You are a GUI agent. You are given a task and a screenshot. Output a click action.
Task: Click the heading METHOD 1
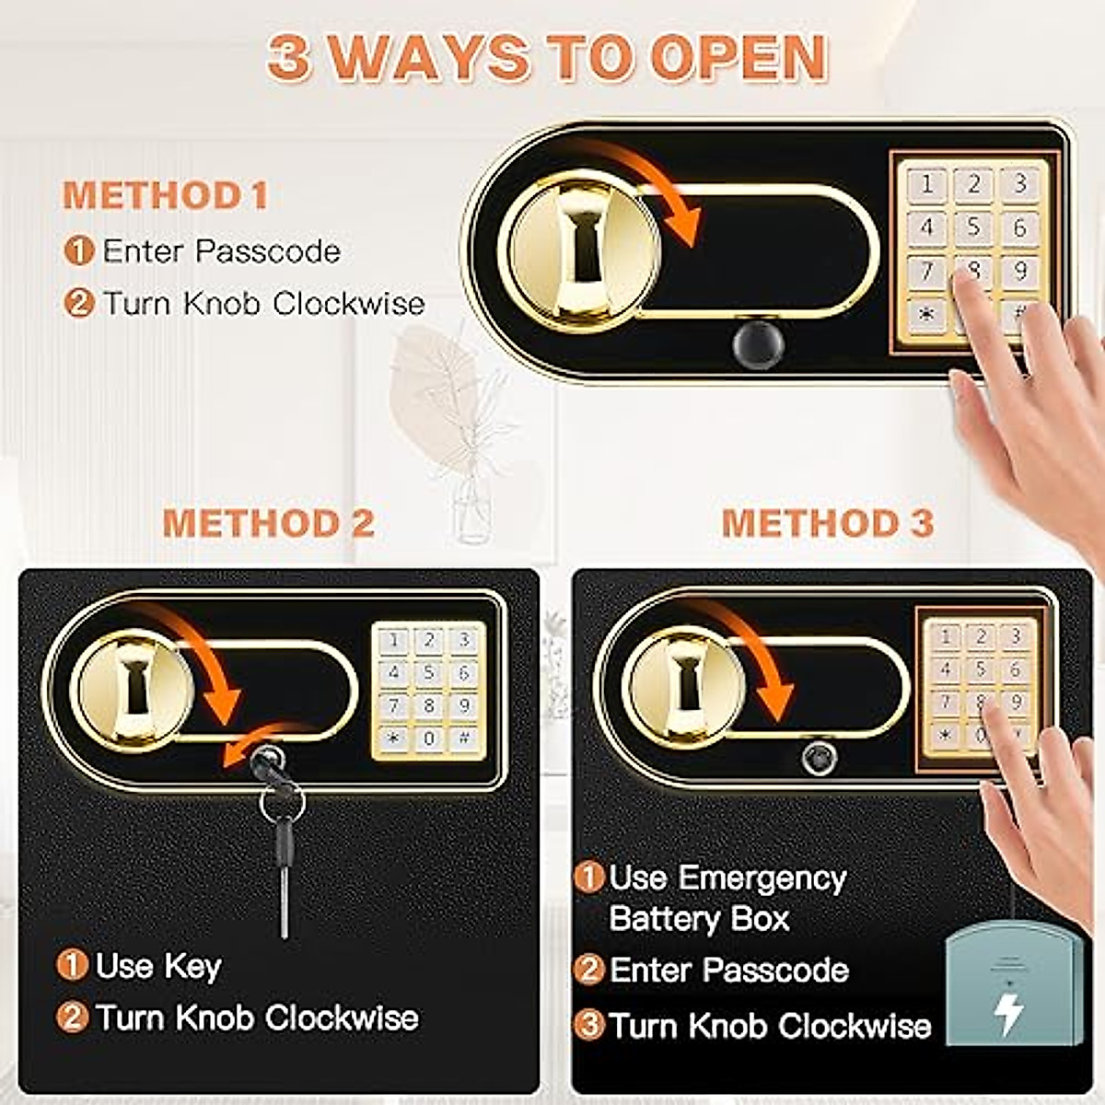click(x=166, y=195)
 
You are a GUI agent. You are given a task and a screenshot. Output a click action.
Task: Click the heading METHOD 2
click(x=268, y=523)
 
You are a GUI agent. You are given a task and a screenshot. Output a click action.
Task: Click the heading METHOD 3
click(x=827, y=523)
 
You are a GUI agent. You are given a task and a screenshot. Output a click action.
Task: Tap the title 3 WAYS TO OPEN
click(x=547, y=57)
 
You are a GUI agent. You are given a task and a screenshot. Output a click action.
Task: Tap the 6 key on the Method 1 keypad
click(x=1019, y=227)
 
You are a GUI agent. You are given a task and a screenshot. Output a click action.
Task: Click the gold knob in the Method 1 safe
click(x=581, y=249)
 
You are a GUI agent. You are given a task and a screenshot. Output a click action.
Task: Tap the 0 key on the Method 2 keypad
click(x=428, y=738)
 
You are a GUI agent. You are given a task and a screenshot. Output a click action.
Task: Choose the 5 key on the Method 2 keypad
click(x=428, y=673)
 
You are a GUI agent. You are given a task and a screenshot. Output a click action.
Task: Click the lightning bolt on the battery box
click(x=1010, y=1011)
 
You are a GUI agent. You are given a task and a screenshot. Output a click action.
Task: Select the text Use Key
click(x=157, y=966)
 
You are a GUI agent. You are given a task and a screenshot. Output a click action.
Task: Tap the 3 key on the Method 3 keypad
click(x=1015, y=635)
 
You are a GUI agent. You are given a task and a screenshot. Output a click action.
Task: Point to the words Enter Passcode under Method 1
click(x=221, y=251)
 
